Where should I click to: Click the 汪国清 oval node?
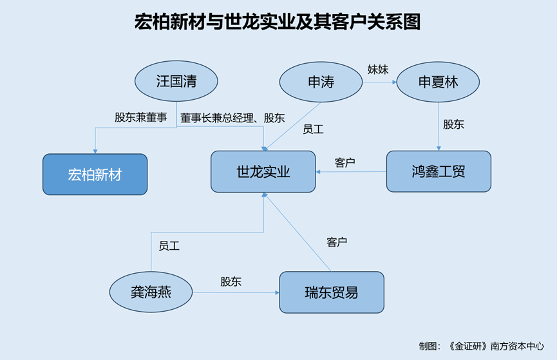(x=176, y=81)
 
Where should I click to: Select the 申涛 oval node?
(x=321, y=82)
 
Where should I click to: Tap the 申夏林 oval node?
(x=438, y=82)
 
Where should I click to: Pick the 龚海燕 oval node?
(x=151, y=292)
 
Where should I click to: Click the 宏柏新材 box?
(x=95, y=174)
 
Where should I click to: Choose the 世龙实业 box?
(x=263, y=171)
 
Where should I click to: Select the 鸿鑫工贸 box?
(x=439, y=171)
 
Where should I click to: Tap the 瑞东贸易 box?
(x=331, y=292)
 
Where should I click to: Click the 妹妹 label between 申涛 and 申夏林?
(x=378, y=69)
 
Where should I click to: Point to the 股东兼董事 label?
(x=140, y=118)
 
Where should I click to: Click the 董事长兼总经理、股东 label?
(x=232, y=118)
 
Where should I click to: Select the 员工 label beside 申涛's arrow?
(x=313, y=129)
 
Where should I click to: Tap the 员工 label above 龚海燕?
(x=169, y=245)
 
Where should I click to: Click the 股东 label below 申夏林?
(x=453, y=124)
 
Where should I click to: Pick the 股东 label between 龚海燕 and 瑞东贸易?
(x=231, y=281)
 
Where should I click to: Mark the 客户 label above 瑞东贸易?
(x=337, y=242)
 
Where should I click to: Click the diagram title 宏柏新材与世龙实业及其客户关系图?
(x=278, y=23)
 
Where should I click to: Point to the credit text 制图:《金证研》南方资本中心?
(x=480, y=346)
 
